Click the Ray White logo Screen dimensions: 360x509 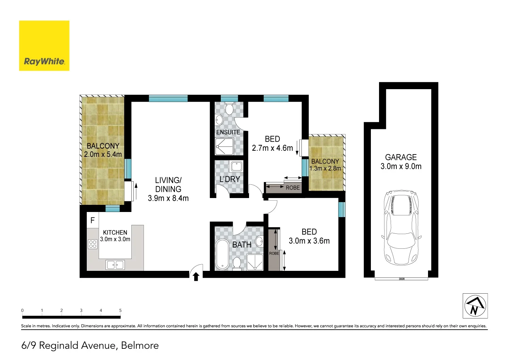tap(44, 46)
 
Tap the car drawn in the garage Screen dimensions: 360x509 tap(401, 227)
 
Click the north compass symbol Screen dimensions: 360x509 tap(475, 306)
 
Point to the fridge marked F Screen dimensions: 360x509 tap(93, 220)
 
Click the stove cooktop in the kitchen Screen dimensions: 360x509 tap(93, 244)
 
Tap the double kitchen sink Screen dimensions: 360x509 tap(115, 264)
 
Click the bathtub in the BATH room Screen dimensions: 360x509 tap(223, 254)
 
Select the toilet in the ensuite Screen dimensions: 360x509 tap(229, 108)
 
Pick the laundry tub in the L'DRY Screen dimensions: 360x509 tap(236, 166)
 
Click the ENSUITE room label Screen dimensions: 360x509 tap(228, 132)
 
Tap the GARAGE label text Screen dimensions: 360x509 tap(401, 157)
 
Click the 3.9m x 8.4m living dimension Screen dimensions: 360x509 tap(168, 198)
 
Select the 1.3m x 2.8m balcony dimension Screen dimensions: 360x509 tap(325, 168)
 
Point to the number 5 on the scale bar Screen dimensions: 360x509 tap(120, 310)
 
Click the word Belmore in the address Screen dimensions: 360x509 tap(140, 345)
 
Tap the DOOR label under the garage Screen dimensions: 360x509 tap(402, 279)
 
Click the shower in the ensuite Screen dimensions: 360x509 tap(225, 146)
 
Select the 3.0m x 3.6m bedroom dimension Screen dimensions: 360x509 tap(309, 241)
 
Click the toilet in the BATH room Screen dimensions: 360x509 tap(237, 263)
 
